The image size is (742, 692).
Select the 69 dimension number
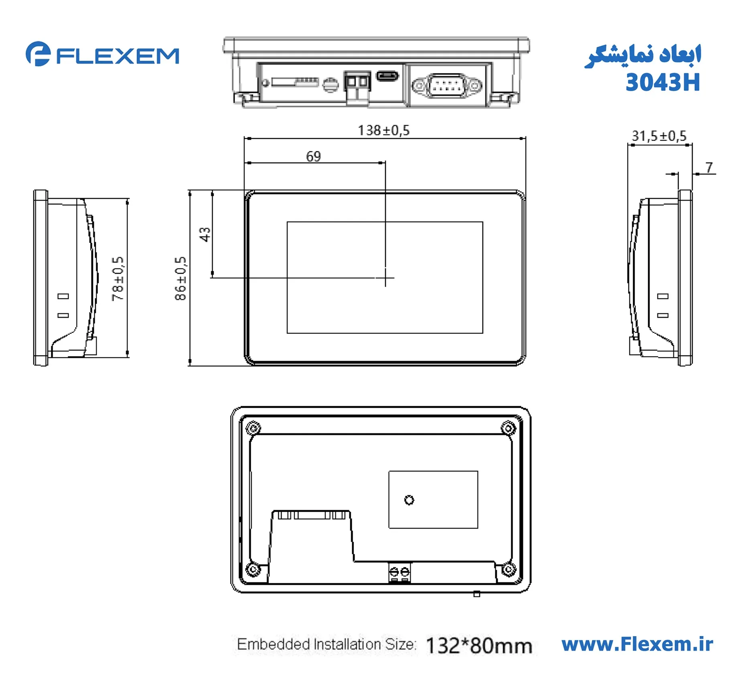click(313, 156)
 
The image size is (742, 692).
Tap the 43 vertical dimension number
click(205, 234)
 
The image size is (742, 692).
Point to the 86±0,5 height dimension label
click(180, 278)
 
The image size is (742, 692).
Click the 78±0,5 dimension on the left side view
click(118, 278)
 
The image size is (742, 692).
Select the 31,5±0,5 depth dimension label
click(659, 136)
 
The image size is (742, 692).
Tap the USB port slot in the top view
click(387, 75)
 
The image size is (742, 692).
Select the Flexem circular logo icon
click(38, 54)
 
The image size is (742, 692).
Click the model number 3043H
click(663, 83)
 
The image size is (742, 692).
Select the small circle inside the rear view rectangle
click(409, 500)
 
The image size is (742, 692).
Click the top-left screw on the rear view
click(253, 428)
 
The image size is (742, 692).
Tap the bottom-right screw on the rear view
click(508, 569)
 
